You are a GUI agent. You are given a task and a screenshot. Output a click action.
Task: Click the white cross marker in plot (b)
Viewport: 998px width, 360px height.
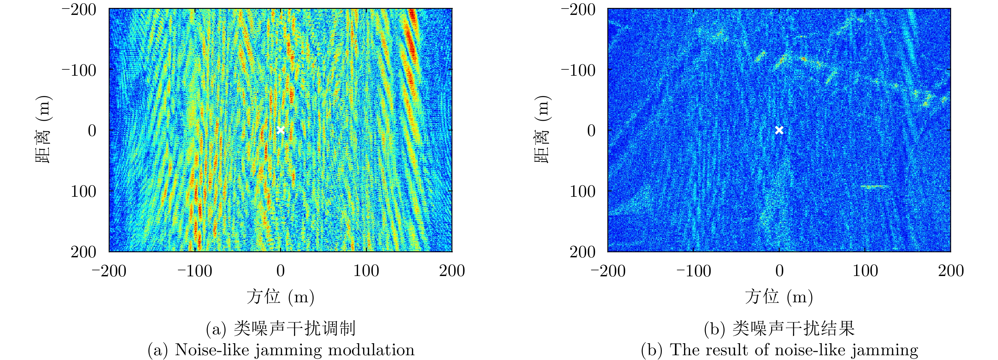coord(779,130)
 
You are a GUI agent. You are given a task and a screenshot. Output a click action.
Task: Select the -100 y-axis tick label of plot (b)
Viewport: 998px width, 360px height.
coord(578,71)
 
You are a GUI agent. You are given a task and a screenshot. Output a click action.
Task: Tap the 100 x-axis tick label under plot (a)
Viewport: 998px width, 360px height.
coord(366,271)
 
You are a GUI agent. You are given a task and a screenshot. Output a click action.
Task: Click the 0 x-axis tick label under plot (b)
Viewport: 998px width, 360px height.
coord(779,271)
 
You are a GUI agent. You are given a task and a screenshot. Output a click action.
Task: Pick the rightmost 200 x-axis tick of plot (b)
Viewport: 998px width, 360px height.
coord(951,271)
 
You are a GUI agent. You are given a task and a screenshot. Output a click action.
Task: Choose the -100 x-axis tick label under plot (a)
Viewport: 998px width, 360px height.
coord(195,271)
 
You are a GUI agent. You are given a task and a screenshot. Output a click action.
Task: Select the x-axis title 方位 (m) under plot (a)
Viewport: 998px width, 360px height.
coord(280,297)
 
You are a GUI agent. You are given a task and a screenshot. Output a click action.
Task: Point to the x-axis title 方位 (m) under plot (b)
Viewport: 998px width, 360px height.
coord(779,297)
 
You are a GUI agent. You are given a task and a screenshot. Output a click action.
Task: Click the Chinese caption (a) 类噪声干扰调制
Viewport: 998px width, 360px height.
coord(280,329)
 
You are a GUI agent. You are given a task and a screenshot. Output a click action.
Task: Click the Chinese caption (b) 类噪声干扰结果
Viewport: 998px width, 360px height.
coord(779,329)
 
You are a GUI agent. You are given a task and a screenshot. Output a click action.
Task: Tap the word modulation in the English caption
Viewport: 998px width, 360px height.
coord(371,350)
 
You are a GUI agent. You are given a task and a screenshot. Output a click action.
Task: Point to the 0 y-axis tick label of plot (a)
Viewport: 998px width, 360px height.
coord(92,131)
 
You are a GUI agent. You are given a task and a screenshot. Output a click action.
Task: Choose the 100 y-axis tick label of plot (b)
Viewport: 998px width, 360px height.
coord(582,191)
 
